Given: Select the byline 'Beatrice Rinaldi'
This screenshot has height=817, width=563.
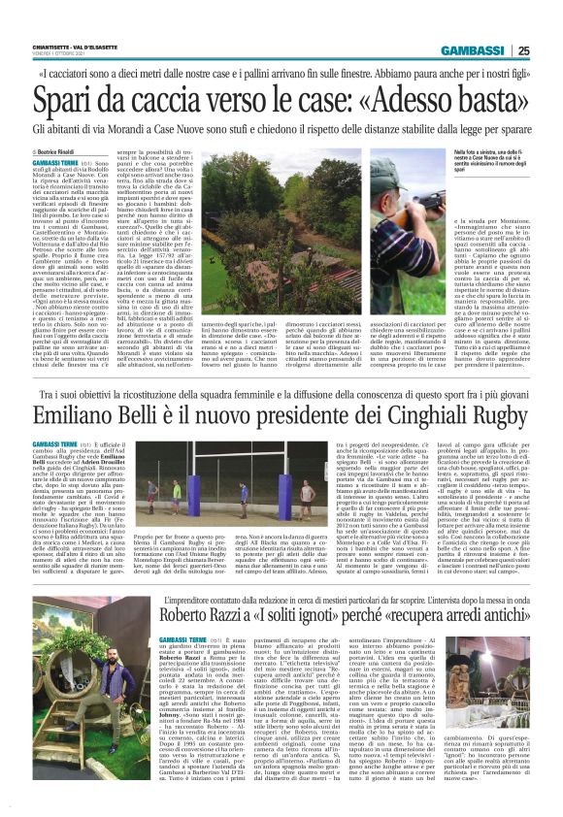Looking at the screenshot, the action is click(64, 152).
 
